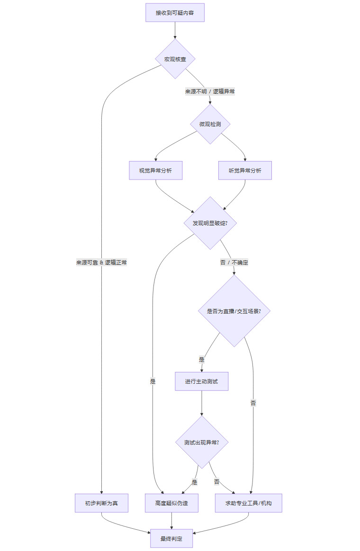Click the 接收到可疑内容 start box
pyautogui.click(x=175, y=13)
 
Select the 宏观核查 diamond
pyautogui.click(x=175, y=59)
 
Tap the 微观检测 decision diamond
pyautogui.click(x=210, y=124)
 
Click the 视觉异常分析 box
pyautogui.click(x=156, y=171)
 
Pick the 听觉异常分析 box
pyautogui.click(x=245, y=171)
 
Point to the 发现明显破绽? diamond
pyautogui.click(x=210, y=223)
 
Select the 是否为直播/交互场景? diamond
pyautogui.click(x=234, y=311)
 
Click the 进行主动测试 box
pyautogui.click(x=202, y=381)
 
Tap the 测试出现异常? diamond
pyautogui.click(x=202, y=443)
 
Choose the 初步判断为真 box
pyautogui.click(x=101, y=503)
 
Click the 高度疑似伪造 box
pyautogui.click(x=171, y=503)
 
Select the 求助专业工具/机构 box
pyautogui.click(x=249, y=503)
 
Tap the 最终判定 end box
pyautogui.click(x=171, y=539)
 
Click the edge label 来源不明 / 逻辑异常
pyautogui.click(x=210, y=91)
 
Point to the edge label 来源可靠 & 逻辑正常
pyautogui.click(x=101, y=262)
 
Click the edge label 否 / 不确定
pyautogui.click(x=234, y=262)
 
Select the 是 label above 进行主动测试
pyautogui.click(x=202, y=360)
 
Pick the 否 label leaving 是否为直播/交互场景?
pyautogui.click(x=253, y=403)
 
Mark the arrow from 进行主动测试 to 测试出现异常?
pyautogui.click(x=202, y=403)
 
